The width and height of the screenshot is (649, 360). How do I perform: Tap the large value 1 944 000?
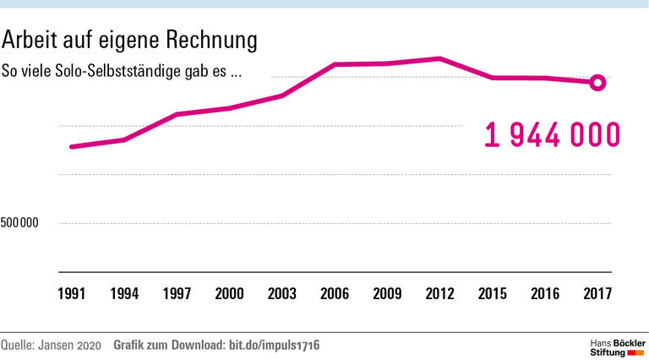click(553, 135)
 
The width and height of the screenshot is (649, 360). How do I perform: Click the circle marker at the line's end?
click(597, 82)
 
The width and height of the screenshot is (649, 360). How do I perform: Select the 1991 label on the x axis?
click(71, 294)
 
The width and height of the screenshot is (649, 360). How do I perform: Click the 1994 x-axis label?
click(124, 294)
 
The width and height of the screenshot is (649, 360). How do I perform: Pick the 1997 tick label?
click(177, 294)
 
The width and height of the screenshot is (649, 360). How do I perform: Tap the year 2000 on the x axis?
click(229, 294)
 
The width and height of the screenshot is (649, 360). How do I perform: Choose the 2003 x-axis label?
click(281, 294)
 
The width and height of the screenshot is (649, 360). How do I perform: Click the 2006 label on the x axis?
click(335, 294)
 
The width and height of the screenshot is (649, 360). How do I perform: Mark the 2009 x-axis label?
click(387, 294)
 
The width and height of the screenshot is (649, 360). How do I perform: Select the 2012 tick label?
click(439, 294)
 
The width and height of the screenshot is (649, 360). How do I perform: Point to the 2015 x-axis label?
click(492, 294)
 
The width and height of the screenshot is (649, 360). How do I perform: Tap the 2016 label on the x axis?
click(545, 294)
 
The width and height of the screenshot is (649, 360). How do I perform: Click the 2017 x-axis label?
click(597, 294)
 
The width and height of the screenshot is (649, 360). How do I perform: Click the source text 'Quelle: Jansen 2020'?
click(51, 345)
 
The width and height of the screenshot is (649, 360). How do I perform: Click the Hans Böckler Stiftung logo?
click(616, 346)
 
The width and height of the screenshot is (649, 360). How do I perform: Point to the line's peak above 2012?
click(439, 58)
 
